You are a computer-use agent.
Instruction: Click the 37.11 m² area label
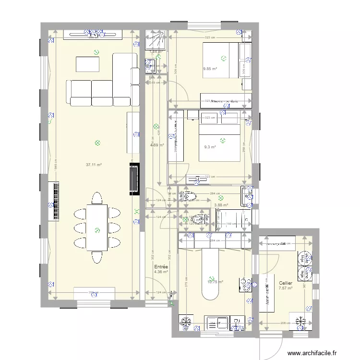point(94,165)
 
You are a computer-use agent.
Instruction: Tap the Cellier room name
point(286,283)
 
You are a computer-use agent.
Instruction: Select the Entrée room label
point(160,267)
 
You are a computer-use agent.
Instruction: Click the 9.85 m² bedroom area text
point(210,69)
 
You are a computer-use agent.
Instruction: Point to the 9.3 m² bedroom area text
point(209,147)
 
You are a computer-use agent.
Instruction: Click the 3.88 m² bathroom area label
point(220,205)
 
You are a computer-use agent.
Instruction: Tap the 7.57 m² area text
point(286,288)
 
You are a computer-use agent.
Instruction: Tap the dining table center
point(97,228)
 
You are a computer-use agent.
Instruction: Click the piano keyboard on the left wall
point(53,201)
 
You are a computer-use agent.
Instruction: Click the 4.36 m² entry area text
point(161,272)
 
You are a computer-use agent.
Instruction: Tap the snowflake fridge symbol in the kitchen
point(185,323)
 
